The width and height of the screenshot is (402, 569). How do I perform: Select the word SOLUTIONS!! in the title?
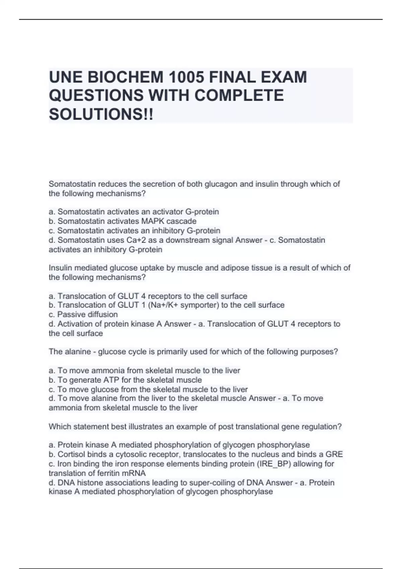[101, 114]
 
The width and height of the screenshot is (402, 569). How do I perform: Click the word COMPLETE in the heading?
[239, 96]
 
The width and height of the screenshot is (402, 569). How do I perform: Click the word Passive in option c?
[71, 315]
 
